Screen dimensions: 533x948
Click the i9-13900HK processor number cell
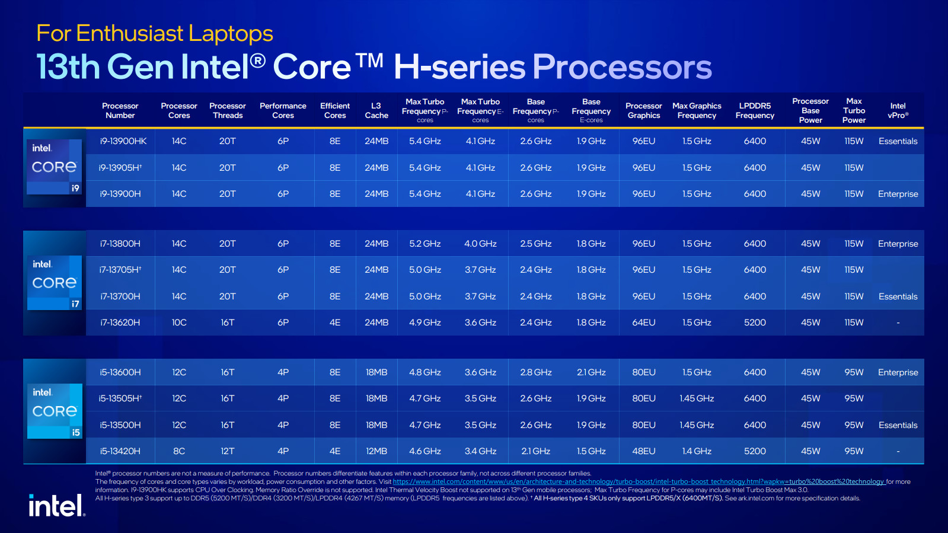point(123,141)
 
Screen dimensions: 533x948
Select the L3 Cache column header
point(376,111)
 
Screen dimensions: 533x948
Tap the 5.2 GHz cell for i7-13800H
point(424,244)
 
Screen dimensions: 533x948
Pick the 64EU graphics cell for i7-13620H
point(643,323)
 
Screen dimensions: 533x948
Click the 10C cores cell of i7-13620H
point(179,323)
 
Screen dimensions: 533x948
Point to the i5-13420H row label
point(120,451)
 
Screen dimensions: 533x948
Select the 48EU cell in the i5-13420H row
point(643,451)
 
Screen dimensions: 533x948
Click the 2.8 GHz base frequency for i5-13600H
point(535,372)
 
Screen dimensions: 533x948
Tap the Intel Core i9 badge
point(55,167)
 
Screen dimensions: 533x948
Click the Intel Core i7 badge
point(55,283)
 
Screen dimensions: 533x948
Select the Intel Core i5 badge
point(55,411)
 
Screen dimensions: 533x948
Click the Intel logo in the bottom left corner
point(57,506)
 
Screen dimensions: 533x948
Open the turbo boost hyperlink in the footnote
point(639,482)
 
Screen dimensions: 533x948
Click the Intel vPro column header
point(898,111)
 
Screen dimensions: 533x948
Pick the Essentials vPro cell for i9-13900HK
point(898,141)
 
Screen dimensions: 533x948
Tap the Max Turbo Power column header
point(854,111)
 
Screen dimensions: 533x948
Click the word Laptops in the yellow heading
point(231,34)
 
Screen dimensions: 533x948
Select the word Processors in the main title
point(622,67)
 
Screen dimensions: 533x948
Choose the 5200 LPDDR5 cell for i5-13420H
point(755,451)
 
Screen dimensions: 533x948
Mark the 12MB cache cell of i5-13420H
point(376,451)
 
